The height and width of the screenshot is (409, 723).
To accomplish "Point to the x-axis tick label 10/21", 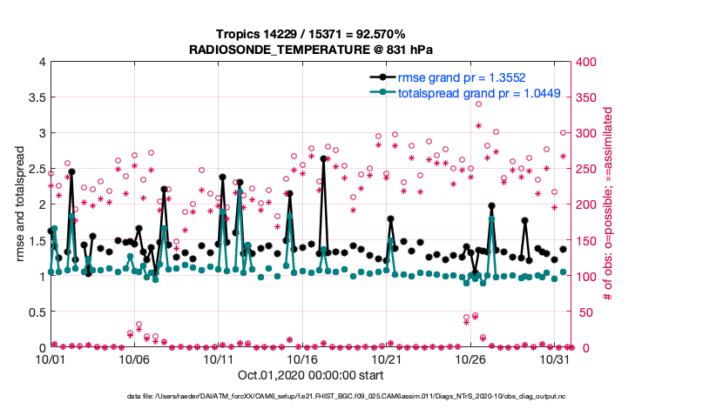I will coord(387,359).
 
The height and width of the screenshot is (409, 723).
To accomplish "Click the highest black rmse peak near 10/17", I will coord(323,159).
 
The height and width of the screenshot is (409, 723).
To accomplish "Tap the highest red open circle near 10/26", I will coord(478,104).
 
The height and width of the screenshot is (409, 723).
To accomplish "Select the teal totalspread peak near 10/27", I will coord(492,219).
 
